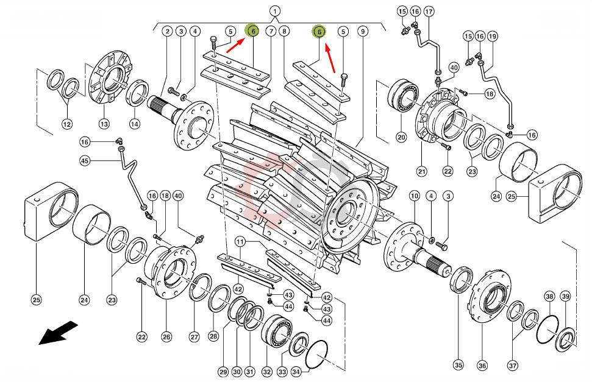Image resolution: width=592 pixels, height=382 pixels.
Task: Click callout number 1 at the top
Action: (275, 11)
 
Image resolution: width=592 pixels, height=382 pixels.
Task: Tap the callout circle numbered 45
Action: (85, 160)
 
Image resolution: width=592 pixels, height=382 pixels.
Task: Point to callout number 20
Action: (401, 137)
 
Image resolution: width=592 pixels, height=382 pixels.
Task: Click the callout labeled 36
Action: (482, 366)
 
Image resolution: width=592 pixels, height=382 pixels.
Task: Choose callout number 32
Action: (266, 372)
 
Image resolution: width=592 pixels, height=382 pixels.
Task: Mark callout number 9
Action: (362, 31)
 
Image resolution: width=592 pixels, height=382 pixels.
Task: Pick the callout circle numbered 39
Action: (565, 296)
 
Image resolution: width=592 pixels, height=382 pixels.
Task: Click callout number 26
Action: (166, 336)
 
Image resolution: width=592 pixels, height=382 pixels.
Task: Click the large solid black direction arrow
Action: (59, 333)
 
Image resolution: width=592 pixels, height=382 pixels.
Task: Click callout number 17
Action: (429, 12)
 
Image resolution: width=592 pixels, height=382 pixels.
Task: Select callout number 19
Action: (493, 37)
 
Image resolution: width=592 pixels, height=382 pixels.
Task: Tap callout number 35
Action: (458, 366)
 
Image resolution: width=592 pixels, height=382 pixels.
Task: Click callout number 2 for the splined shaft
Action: (166, 31)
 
